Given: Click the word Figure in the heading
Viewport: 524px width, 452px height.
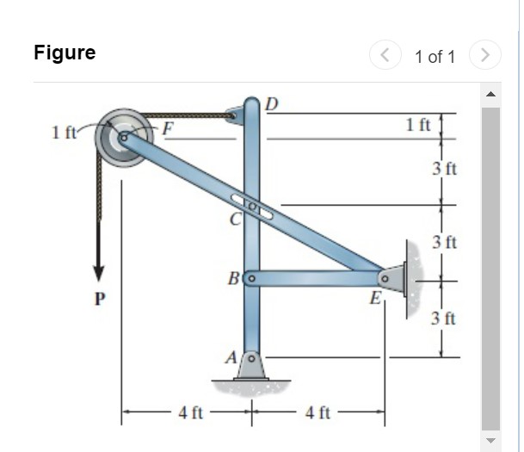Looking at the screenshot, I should pos(65,53).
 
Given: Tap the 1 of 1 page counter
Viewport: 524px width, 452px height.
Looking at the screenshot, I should pos(434,57).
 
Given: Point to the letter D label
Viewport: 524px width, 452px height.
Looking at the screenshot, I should pos(271,105).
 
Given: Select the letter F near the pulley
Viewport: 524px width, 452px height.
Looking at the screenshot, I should pos(169,130).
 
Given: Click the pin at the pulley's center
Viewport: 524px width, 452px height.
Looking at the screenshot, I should pos(124,136).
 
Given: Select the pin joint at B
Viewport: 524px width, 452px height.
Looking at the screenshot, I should pos(251,279).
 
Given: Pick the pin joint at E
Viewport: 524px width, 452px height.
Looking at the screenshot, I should pos(385,279).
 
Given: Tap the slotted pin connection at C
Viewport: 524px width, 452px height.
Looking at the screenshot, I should pos(252,207).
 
